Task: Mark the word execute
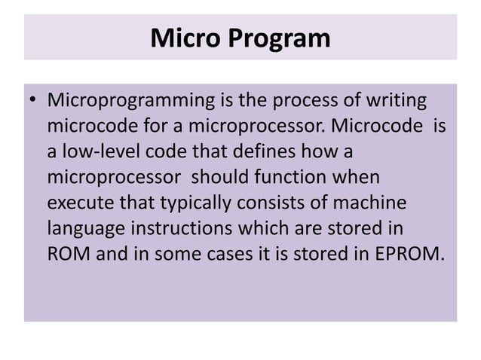pyautogui.click(x=82, y=203)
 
